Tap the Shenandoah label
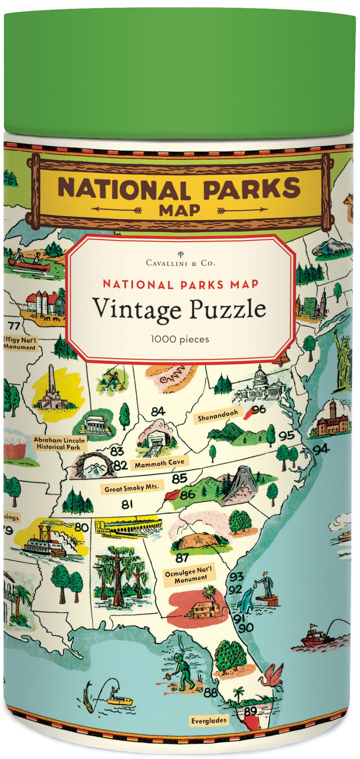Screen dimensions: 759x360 (x=218, y=415)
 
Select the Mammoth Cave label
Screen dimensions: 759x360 (x=159, y=463)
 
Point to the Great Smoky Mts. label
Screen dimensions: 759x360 (x=131, y=488)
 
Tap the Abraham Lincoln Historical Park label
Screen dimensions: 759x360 (x=59, y=443)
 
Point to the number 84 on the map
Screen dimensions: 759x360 (x=158, y=411)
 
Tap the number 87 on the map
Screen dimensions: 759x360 (x=182, y=558)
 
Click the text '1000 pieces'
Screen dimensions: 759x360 (x=180, y=339)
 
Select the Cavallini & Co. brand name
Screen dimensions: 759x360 (x=180, y=263)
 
